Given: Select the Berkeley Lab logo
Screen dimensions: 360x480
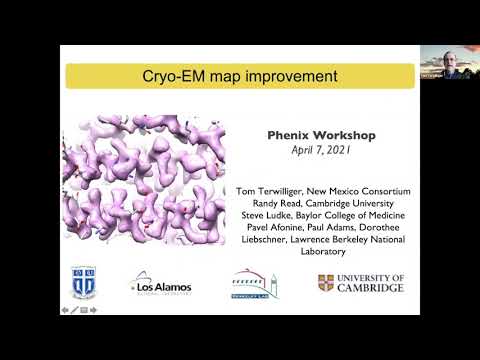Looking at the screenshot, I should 254,283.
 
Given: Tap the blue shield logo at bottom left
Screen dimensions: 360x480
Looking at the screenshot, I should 84,281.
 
